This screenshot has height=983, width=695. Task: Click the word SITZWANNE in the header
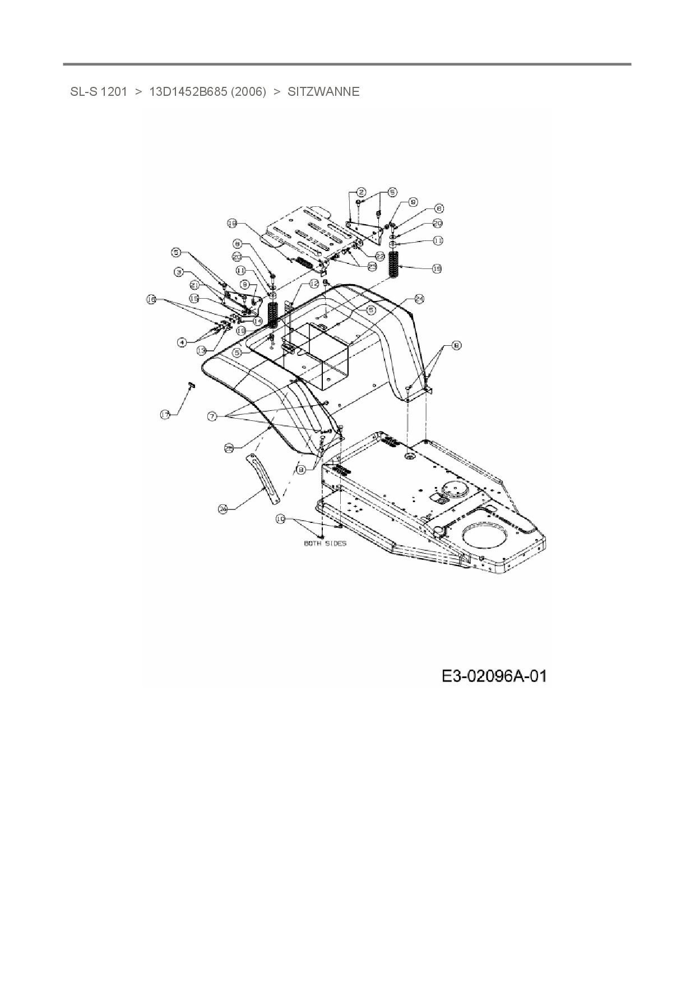click(x=323, y=92)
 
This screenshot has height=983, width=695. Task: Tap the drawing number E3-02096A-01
click(x=494, y=676)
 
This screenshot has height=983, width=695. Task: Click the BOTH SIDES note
click(x=325, y=543)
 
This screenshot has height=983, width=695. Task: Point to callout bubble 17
click(x=165, y=415)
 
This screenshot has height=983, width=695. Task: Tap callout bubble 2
click(x=361, y=192)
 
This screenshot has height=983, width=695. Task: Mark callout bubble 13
click(x=202, y=350)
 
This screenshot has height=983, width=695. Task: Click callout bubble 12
click(x=314, y=284)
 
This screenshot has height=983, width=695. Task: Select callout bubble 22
click(x=379, y=256)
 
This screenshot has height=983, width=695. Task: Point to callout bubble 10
click(x=280, y=520)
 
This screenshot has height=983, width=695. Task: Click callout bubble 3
click(x=179, y=272)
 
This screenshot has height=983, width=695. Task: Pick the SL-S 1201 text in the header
click(x=99, y=92)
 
